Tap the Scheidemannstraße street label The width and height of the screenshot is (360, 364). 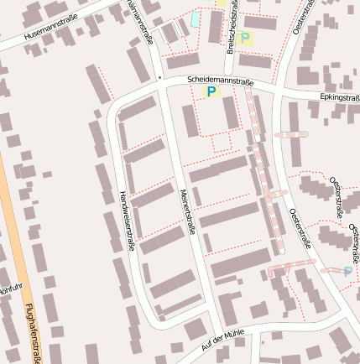[221, 81]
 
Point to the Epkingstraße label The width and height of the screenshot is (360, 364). [339, 97]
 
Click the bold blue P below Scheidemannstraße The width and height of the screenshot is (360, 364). [211, 91]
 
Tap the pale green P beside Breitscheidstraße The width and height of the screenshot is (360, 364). [245, 37]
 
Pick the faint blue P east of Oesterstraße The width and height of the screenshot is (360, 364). [348, 271]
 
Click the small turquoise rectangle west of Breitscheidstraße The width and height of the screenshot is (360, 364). [196, 18]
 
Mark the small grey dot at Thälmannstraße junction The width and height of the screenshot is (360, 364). [159, 77]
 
